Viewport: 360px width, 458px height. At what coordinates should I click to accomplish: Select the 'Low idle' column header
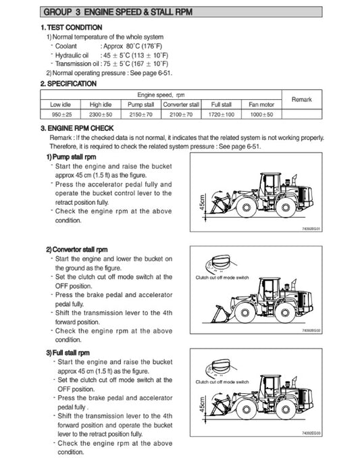(60, 105)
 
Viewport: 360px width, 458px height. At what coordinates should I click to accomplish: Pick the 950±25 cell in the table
(60, 115)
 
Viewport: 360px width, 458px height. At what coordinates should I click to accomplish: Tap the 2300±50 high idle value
(100, 115)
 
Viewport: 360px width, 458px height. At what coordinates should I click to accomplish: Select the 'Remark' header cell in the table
(301, 100)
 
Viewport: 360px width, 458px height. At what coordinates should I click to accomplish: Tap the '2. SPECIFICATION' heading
(68, 84)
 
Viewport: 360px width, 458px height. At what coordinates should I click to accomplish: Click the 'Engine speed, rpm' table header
(161, 95)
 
